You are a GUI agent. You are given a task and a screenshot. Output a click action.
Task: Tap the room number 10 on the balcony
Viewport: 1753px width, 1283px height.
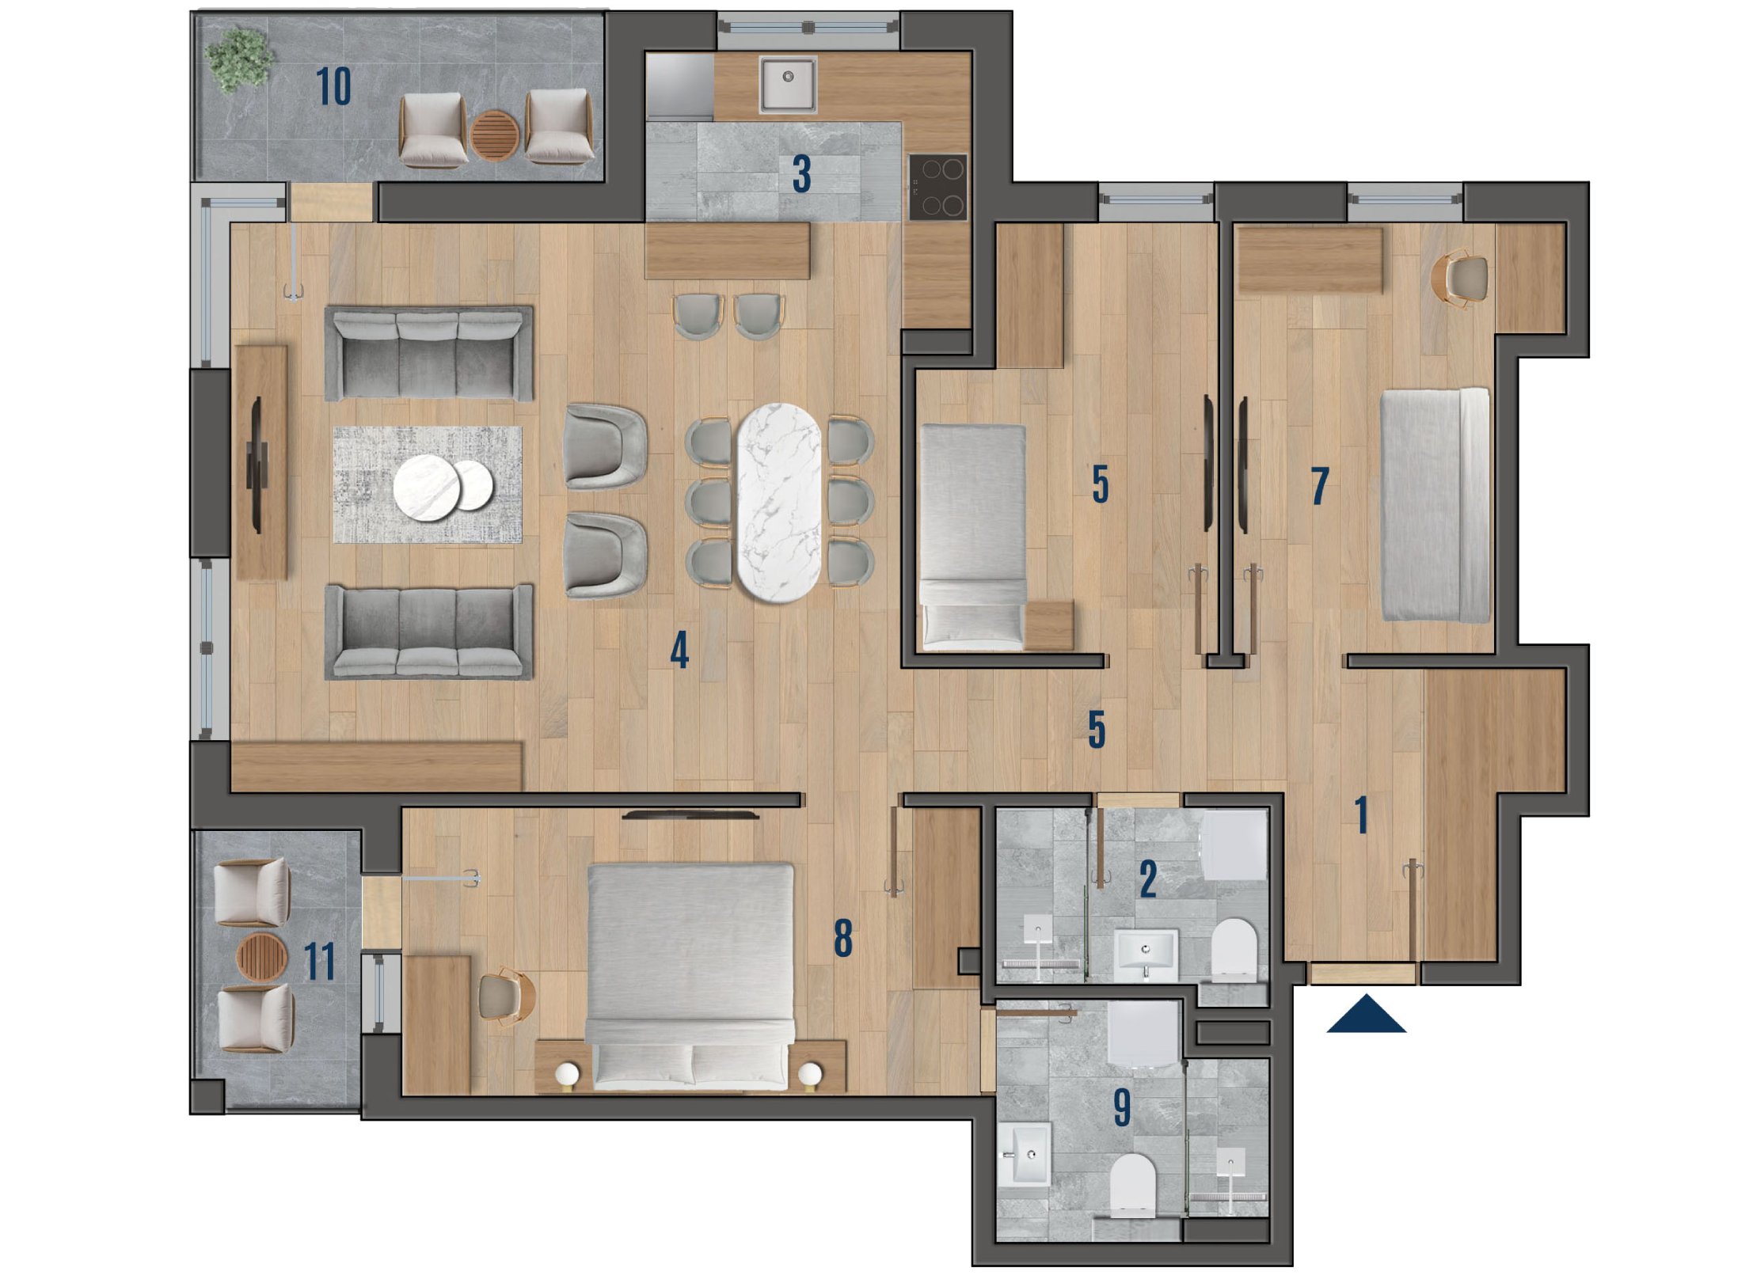(x=333, y=86)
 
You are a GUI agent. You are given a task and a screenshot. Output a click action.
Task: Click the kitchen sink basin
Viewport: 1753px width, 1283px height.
(x=788, y=83)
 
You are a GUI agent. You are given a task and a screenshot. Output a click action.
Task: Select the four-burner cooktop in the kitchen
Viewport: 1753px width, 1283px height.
(x=938, y=187)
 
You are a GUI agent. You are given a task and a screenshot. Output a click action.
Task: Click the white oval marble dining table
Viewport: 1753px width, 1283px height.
(x=778, y=503)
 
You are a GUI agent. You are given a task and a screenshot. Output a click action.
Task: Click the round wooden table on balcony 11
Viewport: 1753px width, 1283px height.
(x=262, y=957)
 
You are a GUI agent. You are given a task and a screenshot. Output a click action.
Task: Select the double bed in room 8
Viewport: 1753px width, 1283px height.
(x=690, y=977)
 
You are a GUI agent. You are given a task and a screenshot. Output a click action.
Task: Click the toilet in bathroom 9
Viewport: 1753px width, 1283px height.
(x=1132, y=1184)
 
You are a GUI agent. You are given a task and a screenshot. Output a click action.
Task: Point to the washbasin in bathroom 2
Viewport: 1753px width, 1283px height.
(x=1146, y=954)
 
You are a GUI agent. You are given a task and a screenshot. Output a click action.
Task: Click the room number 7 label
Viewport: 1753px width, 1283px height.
(x=1319, y=486)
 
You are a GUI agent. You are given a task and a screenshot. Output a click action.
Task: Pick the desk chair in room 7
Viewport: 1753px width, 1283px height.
(x=1461, y=278)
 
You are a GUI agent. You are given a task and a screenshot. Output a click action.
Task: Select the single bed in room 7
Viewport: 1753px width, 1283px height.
(x=1435, y=505)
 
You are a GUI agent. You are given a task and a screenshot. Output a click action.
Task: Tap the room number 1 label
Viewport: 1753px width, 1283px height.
(x=1361, y=815)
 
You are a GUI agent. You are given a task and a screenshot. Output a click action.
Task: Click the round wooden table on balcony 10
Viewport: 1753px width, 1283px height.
(x=495, y=135)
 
